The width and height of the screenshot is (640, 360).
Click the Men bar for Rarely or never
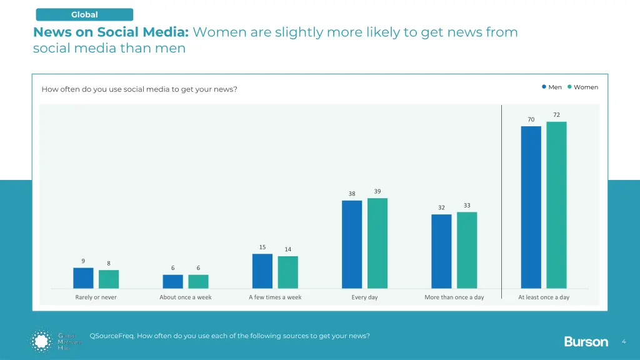tap(83, 278)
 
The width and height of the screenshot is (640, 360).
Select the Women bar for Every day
tap(377, 243)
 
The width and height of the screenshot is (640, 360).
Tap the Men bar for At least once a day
tap(531, 207)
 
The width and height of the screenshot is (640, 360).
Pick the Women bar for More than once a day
tap(467, 250)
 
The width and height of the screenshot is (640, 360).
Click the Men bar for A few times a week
tap(262, 271)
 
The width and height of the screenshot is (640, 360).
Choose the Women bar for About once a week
tap(198, 281)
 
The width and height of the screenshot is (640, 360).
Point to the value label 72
tap(556, 115)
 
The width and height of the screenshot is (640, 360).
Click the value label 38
tap(352, 194)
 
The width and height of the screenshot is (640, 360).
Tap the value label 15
tap(262, 247)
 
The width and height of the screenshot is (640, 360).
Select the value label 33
tap(467, 206)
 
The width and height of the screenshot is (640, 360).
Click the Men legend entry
tap(552, 87)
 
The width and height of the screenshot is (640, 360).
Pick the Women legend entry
tap(582, 87)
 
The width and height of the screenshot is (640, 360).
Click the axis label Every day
tap(364, 297)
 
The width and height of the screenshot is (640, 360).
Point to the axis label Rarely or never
tap(96, 297)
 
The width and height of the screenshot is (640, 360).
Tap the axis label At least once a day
tap(544, 297)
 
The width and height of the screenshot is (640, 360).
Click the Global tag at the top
tap(84, 14)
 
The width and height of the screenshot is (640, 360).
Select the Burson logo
tap(586, 341)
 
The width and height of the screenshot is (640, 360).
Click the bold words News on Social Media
tap(111, 32)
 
